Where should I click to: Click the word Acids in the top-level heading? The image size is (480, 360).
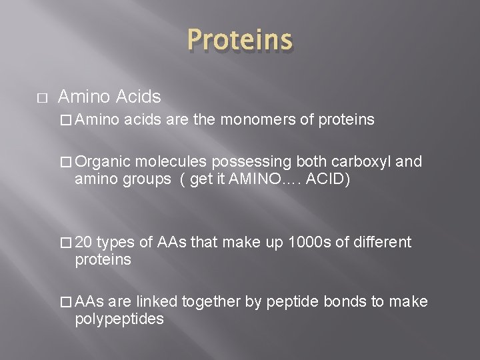point(137,97)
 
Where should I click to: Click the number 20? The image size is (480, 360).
point(85,241)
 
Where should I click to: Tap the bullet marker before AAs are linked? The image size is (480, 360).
point(65,301)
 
